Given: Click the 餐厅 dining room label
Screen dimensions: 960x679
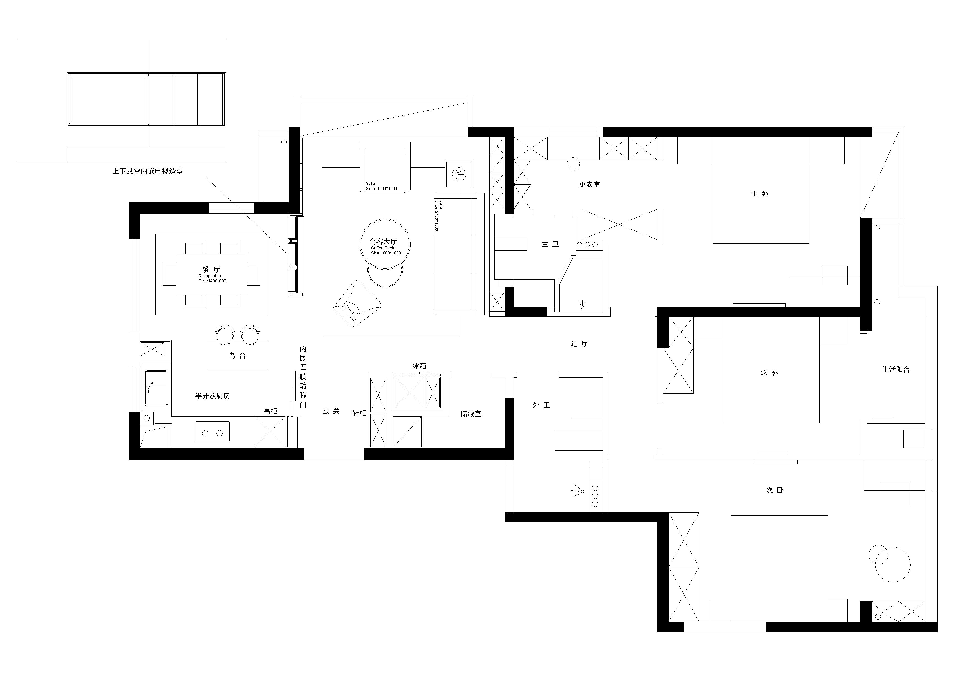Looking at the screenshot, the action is [211, 270].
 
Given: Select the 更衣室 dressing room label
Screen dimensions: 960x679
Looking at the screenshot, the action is [589, 184].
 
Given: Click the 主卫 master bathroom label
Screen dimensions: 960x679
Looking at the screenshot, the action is [550, 244].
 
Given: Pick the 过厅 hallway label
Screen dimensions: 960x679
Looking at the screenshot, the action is [579, 344].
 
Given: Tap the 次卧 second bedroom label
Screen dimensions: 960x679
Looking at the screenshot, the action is [775, 490].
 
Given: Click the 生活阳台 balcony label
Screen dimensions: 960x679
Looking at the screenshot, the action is [896, 370].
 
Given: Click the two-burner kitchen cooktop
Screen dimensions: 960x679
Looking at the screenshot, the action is [212, 432].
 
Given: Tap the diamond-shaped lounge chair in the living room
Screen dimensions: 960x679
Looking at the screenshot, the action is [357, 304].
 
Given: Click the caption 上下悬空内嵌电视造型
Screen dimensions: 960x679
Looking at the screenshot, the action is [148, 171].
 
